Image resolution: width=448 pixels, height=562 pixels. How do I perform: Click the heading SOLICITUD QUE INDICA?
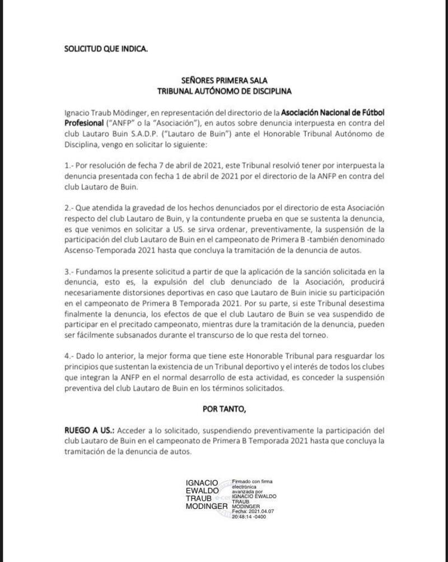click(x=106, y=48)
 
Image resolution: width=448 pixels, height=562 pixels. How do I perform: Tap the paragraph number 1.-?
click(x=69, y=166)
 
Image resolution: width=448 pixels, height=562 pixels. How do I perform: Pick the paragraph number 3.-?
click(x=69, y=270)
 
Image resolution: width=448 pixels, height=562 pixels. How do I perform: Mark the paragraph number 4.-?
click(x=69, y=357)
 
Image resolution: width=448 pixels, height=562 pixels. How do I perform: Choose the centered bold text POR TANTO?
click(x=223, y=409)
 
